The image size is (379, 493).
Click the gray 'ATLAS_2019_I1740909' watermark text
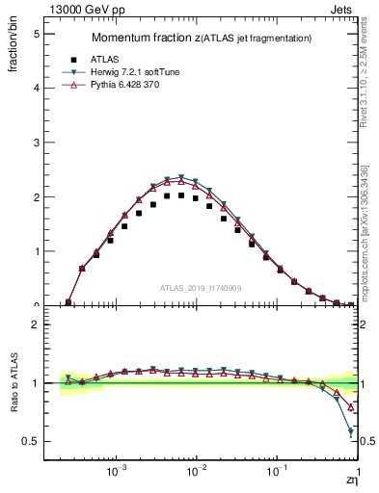click(x=201, y=288)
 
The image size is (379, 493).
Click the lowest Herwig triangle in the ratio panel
click(x=350, y=432)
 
